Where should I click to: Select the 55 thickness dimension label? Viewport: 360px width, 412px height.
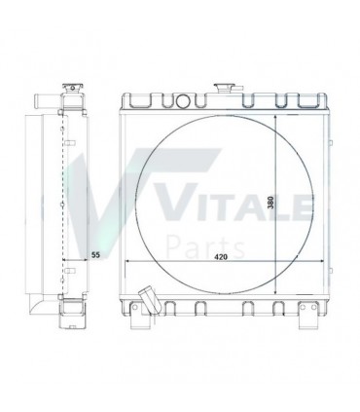pyautogui.click(x=95, y=255)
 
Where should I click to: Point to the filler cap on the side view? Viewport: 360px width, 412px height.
pyautogui.click(x=74, y=90)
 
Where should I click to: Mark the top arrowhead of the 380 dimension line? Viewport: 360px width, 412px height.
pyautogui.click(x=278, y=116)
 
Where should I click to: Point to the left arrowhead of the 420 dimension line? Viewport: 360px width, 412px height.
pyautogui.click(x=126, y=264)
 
